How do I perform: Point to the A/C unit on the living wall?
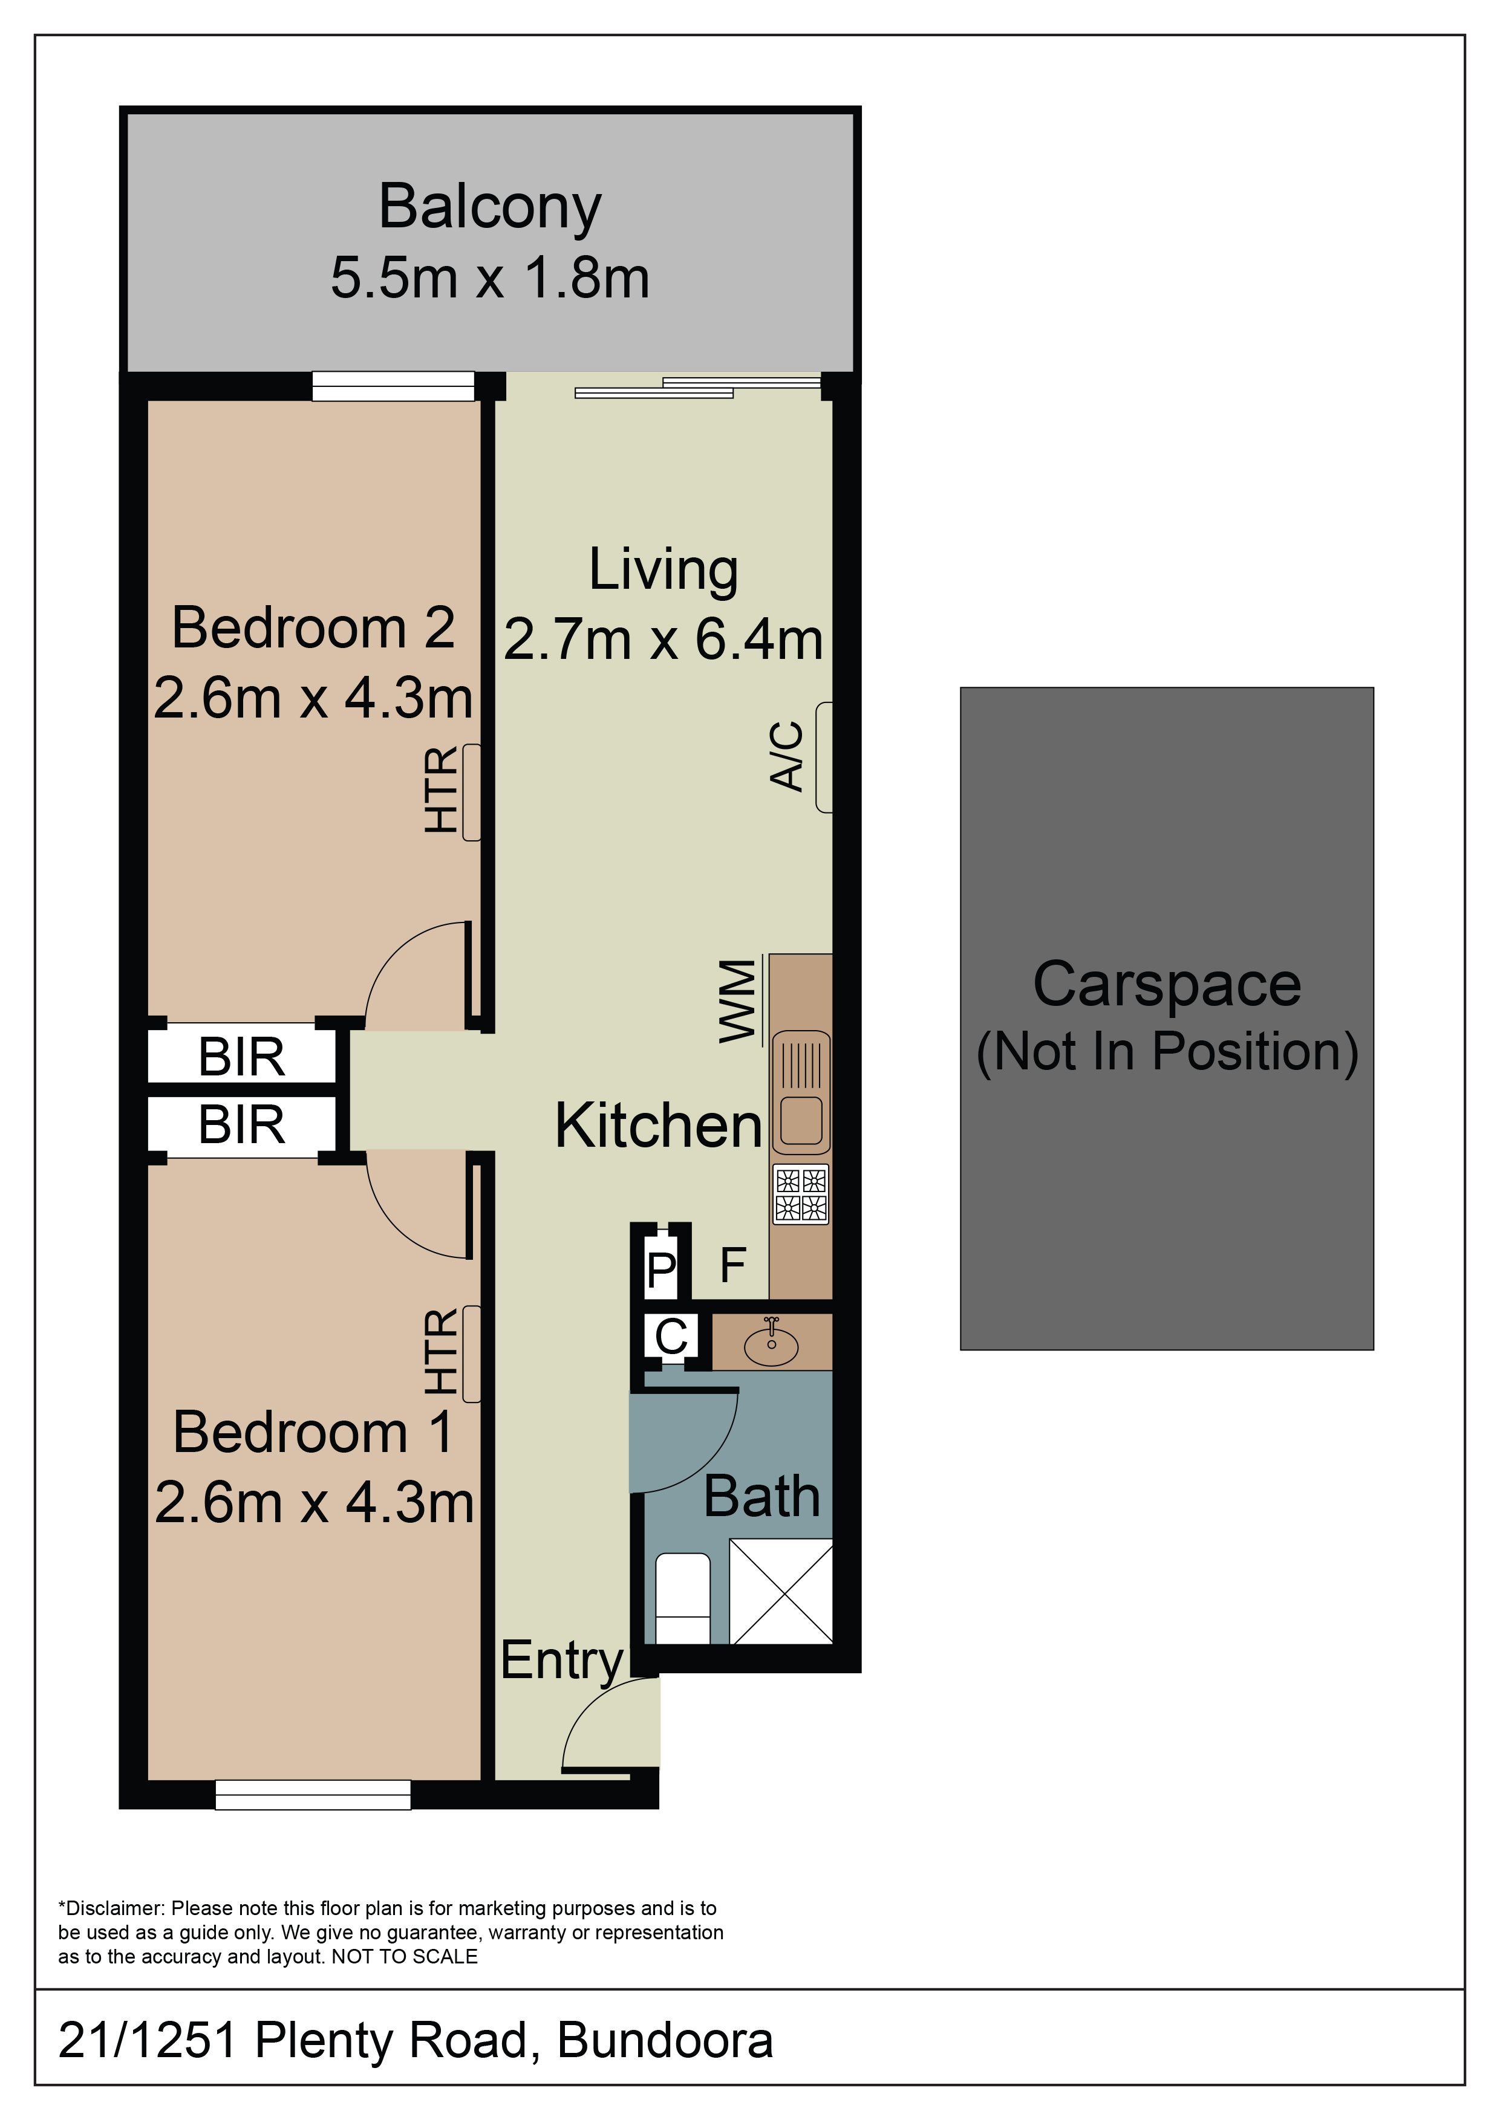click(x=824, y=757)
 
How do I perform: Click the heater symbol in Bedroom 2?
click(x=471, y=793)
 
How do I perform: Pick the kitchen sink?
click(x=801, y=1092)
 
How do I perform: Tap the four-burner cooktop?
click(x=801, y=1194)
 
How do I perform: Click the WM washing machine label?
click(x=738, y=1002)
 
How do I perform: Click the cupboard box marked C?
click(x=671, y=1336)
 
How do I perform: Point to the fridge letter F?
click(x=732, y=1265)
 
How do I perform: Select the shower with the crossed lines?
click(x=781, y=1591)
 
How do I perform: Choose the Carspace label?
click(x=1167, y=984)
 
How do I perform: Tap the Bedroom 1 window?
click(x=313, y=1795)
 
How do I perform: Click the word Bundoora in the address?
click(x=665, y=2041)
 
